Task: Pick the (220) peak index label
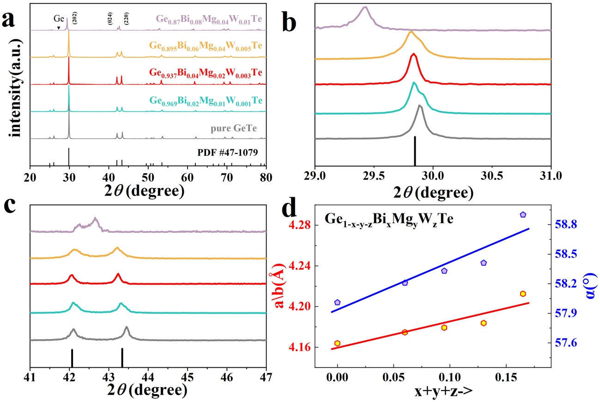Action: [127, 19]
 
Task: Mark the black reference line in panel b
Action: [415, 151]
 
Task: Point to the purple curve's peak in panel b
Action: [365, 7]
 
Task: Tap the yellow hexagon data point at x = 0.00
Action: [337, 343]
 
